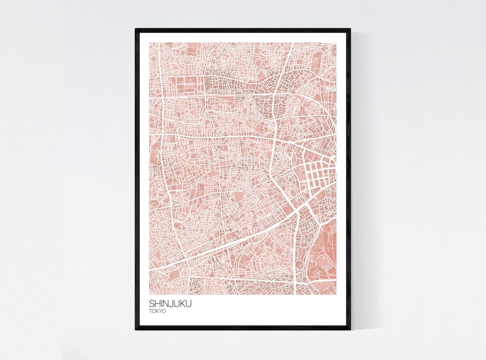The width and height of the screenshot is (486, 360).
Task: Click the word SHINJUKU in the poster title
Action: pyautogui.click(x=170, y=302)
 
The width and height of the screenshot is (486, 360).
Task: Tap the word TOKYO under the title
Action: pyautogui.click(x=159, y=311)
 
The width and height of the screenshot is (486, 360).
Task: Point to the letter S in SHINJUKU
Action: pyautogui.click(x=152, y=302)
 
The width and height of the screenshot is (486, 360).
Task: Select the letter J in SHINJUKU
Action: pyautogui.click(x=173, y=302)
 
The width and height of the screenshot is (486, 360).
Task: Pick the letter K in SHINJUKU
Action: pyautogui.click(x=184, y=302)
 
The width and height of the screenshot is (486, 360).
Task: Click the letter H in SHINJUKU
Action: pyautogui.click(x=158, y=302)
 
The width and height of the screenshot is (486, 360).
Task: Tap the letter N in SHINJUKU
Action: pyautogui.click(x=167, y=302)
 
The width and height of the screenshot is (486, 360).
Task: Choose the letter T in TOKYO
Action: pyautogui.click(x=151, y=311)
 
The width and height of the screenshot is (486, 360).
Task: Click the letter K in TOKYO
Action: pyautogui.click(x=159, y=311)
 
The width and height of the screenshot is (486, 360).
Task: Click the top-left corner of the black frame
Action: pyautogui.click(x=136, y=29)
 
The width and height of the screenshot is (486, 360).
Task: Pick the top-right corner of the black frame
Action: pyautogui.click(x=350, y=29)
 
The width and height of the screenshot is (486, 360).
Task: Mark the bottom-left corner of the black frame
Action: pyautogui.click(x=136, y=329)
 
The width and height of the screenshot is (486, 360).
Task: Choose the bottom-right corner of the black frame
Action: pyautogui.click(x=350, y=329)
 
